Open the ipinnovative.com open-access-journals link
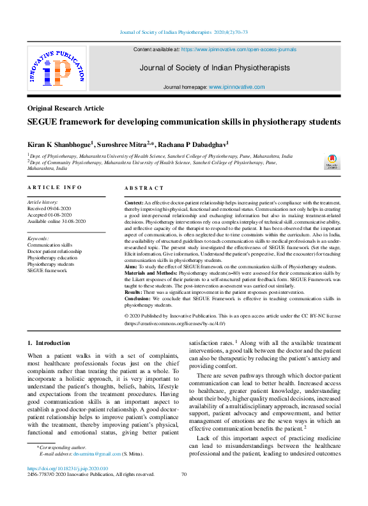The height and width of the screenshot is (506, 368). pyautogui.click(x=239, y=49)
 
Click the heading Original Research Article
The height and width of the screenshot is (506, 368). pyautogui.click(x=66, y=109)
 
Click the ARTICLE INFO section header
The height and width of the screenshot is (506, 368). pyautogui.click(x=54, y=187)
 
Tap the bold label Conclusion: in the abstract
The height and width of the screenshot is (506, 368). pyautogui.click(x=137, y=299)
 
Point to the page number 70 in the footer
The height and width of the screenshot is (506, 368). pyautogui.click(x=184, y=475)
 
